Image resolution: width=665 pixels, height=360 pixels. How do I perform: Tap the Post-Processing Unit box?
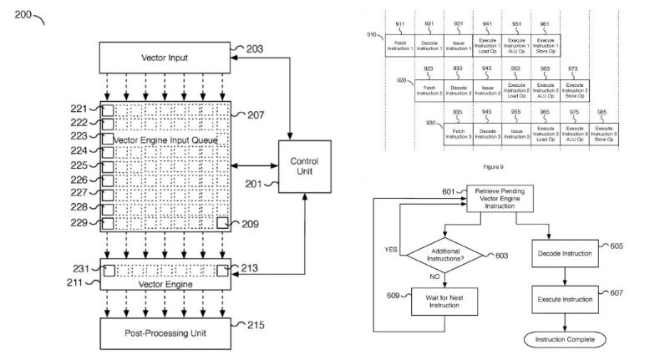coord(165,333)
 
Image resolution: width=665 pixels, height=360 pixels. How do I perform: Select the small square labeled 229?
coord(107,223)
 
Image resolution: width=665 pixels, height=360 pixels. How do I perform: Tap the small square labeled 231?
coord(109,270)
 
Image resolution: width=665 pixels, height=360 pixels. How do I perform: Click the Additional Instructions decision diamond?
coord(448,254)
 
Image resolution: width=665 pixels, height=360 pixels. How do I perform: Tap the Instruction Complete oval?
coord(566,338)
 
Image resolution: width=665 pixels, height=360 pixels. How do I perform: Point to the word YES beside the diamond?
coord(390,248)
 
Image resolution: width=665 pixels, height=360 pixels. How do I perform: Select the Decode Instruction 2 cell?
coord(459,89)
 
